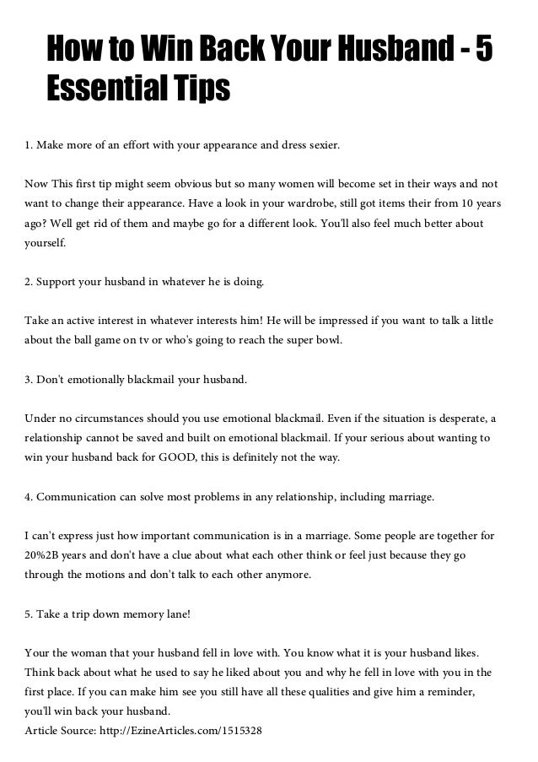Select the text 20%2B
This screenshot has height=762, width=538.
tap(44, 556)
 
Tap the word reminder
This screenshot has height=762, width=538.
tap(440, 694)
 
